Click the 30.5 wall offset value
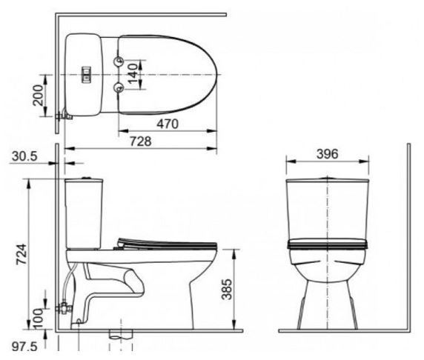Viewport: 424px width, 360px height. (25, 157)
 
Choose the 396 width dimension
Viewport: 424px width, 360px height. (327, 154)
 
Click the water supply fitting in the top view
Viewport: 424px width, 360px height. (63, 115)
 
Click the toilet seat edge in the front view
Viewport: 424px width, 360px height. (327, 243)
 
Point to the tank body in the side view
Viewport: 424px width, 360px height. (85, 211)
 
